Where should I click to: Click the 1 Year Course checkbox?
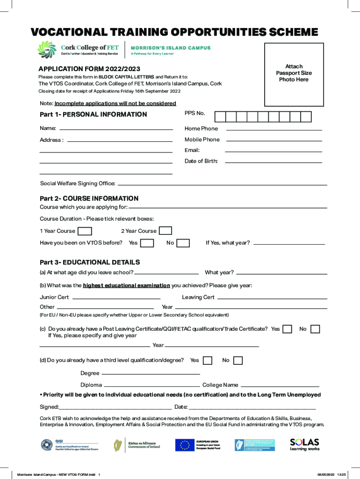click(x=85, y=231)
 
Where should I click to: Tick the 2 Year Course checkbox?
click(x=165, y=231)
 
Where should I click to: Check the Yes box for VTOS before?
click(x=147, y=243)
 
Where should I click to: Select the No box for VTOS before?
click(x=183, y=243)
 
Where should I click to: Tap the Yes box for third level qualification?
click(x=207, y=360)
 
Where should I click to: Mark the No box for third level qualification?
click(x=238, y=360)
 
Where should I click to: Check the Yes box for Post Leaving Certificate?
click(x=287, y=329)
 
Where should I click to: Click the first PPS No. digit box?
click(x=220, y=117)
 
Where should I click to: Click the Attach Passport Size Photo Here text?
click(x=294, y=73)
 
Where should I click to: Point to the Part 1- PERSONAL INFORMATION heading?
click(x=94, y=115)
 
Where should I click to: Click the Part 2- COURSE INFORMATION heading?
click(x=89, y=198)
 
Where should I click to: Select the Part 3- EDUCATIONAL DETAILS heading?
click(x=90, y=262)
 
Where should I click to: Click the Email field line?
click(x=274, y=152)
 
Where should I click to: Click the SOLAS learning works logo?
click(x=304, y=444)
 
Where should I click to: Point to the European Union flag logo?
click(x=185, y=445)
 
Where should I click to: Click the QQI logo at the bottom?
click(x=47, y=445)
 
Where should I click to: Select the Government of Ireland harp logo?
click(x=119, y=445)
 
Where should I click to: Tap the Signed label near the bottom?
click(x=49, y=407)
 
